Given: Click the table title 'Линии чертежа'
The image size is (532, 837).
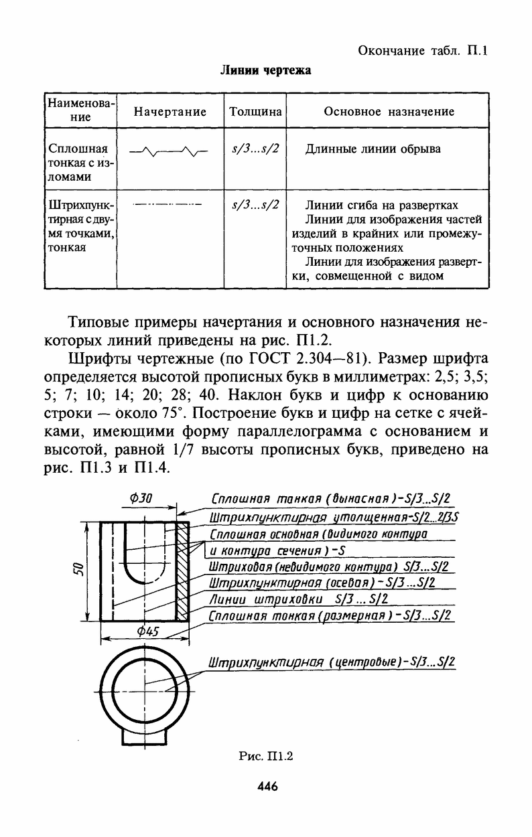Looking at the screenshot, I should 266,70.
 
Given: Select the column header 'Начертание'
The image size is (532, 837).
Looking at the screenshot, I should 170,112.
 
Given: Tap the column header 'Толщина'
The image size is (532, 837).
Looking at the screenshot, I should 255,112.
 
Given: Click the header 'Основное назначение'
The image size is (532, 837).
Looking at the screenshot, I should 389,112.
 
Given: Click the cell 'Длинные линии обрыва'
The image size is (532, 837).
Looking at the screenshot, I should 373,149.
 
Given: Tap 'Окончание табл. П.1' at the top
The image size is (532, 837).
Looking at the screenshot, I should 422,50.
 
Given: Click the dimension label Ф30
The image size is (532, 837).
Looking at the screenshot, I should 141,498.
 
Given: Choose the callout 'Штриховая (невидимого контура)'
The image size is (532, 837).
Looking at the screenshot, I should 328,567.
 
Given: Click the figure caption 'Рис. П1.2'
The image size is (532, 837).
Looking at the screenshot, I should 266,757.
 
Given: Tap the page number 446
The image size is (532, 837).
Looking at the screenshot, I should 267,787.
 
